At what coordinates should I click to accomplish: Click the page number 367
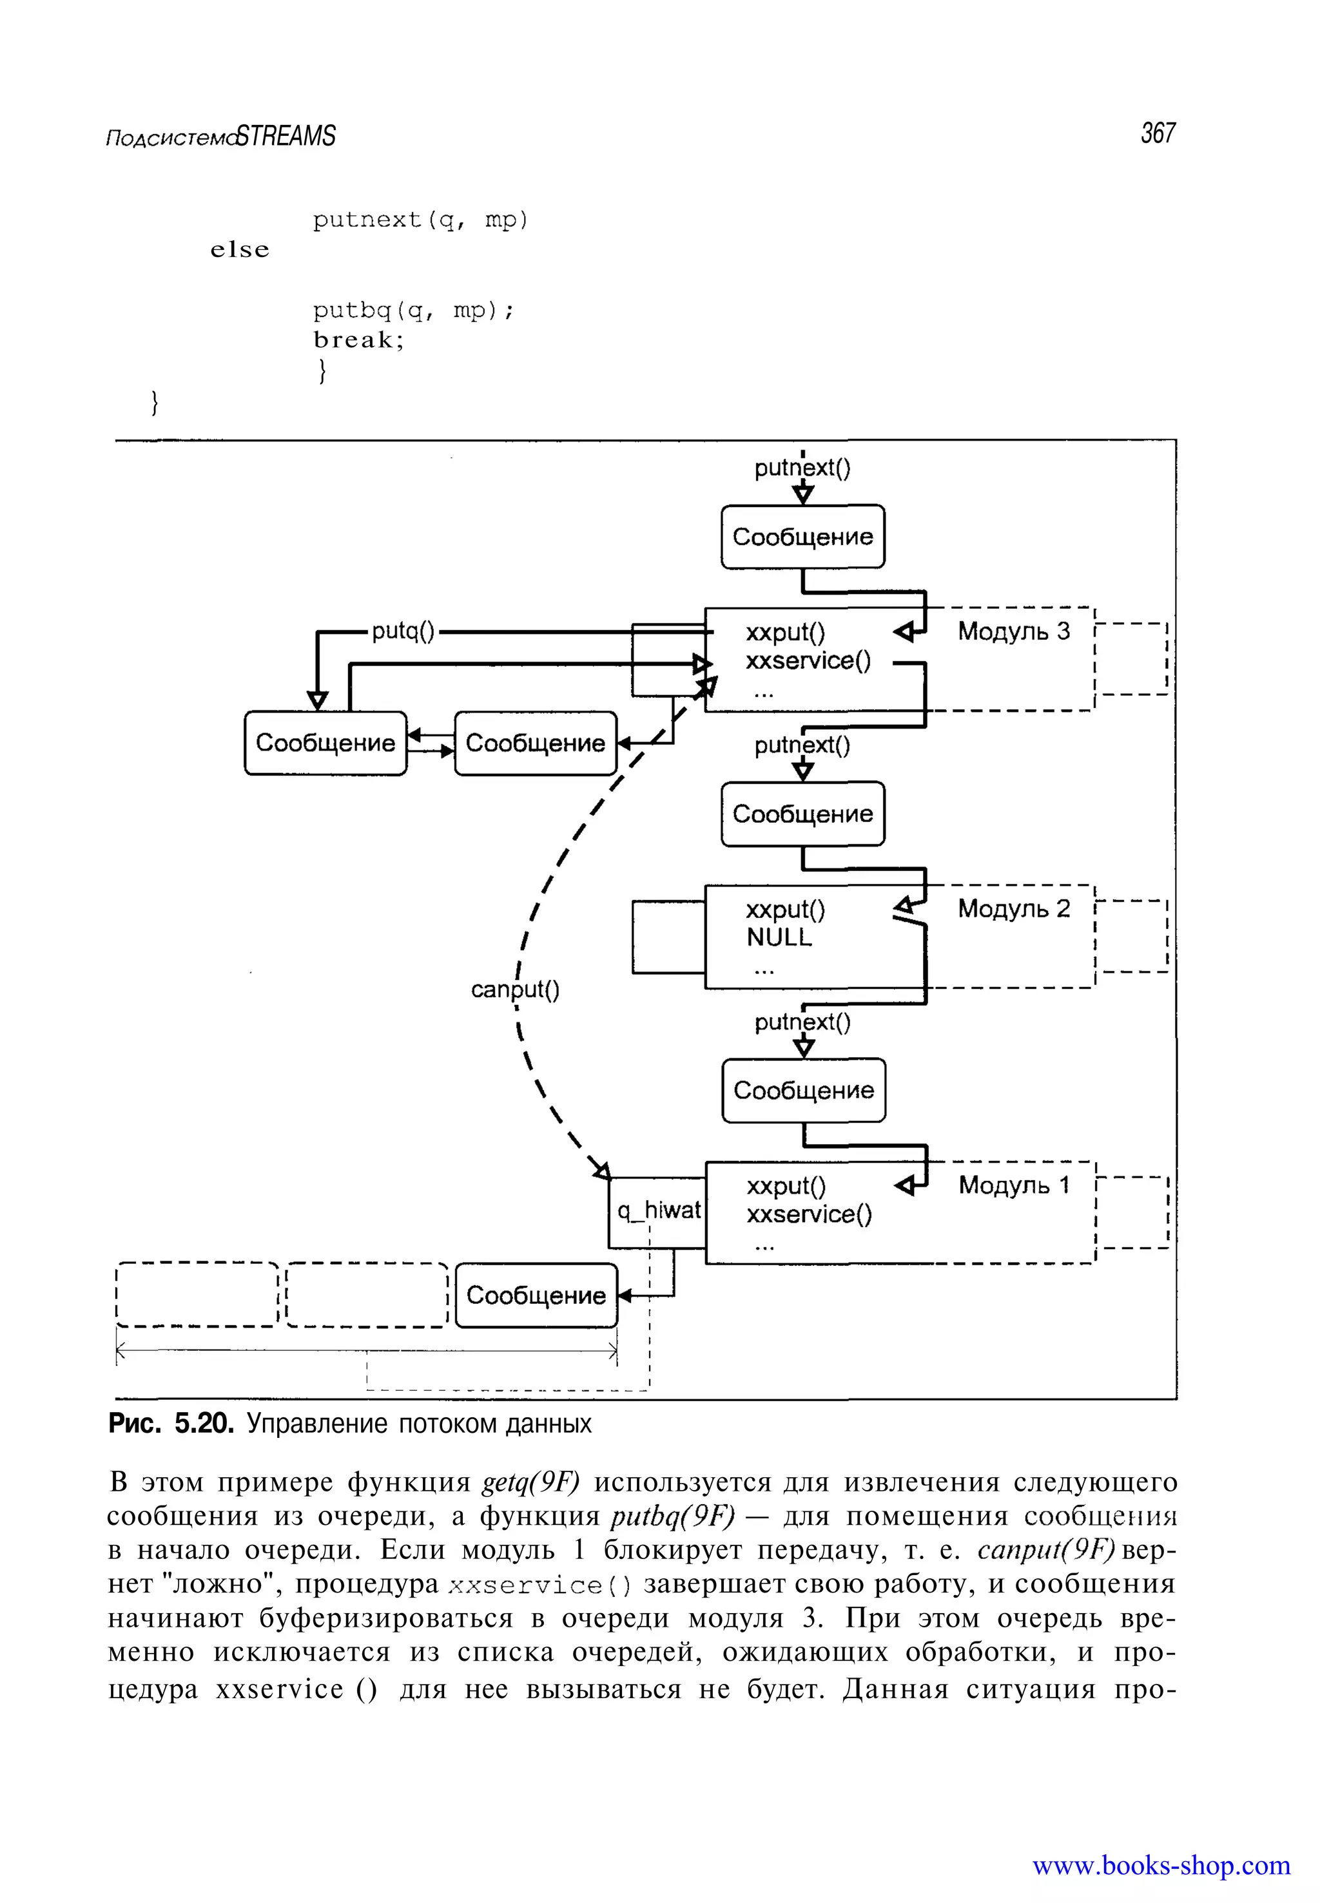click(x=1157, y=133)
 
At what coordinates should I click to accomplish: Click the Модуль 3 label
click(x=1013, y=631)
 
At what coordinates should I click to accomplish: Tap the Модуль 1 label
click(x=1013, y=1185)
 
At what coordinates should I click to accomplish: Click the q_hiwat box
click(x=657, y=1211)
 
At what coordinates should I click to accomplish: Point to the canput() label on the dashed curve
click(x=514, y=990)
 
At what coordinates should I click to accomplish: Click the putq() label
click(x=403, y=631)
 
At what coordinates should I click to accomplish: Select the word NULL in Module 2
click(x=779, y=937)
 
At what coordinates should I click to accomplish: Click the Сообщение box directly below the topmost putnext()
click(x=802, y=537)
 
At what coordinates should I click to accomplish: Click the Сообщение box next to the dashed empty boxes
click(x=536, y=1296)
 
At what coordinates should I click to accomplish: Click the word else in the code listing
click(x=240, y=250)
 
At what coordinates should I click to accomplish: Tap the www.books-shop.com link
click(x=1160, y=1865)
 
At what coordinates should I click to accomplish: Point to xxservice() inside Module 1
click(x=809, y=1214)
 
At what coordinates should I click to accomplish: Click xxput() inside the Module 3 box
click(x=785, y=633)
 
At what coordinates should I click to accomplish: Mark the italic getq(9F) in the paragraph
click(x=531, y=1482)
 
